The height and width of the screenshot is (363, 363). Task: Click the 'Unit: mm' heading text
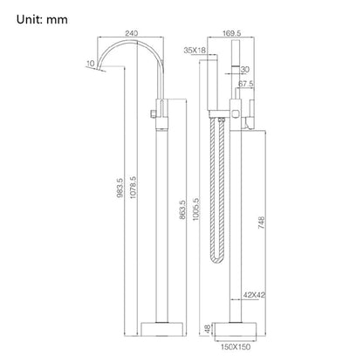pyautogui.click(x=38, y=17)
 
